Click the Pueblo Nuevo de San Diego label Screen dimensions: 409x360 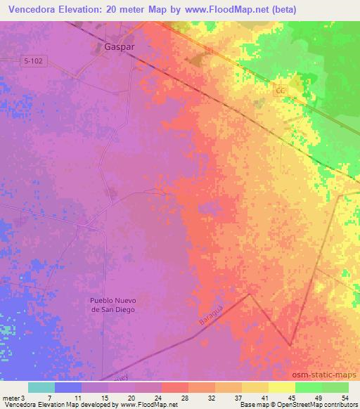pyautogui.click(x=112, y=304)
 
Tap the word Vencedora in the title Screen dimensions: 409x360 pyautogui.click(x=37, y=9)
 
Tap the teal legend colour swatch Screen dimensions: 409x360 pyautogui.click(x=41, y=387)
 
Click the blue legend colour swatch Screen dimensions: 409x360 pyautogui.click(x=67, y=387)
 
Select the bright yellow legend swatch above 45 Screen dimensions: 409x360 pyautogui.click(x=281, y=387)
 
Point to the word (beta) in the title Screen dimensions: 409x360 pyautogui.click(x=281, y=9)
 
